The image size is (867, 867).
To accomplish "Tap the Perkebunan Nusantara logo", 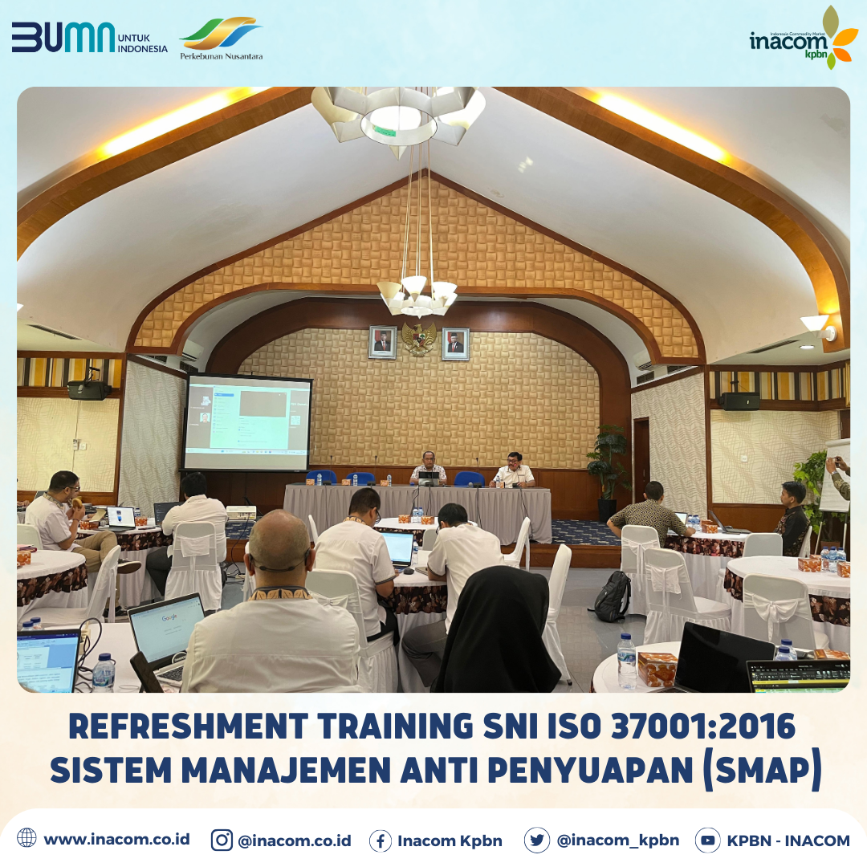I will tap(221, 39).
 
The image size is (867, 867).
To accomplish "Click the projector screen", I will tap(247, 422).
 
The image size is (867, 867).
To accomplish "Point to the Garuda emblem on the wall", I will tap(419, 339).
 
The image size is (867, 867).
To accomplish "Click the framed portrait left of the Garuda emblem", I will tap(382, 342).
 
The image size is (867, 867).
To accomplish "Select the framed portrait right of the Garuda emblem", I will tap(455, 344).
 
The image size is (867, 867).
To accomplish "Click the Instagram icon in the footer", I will tap(222, 840).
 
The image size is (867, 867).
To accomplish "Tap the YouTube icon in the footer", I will tap(707, 840).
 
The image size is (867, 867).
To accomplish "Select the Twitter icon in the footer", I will tap(536, 840).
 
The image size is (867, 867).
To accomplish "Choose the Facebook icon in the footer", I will tap(381, 841).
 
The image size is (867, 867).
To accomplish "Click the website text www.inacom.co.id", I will tap(116, 839).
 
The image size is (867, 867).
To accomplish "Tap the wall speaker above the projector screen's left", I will tap(88, 389).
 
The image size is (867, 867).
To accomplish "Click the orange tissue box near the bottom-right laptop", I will tap(657, 668).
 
